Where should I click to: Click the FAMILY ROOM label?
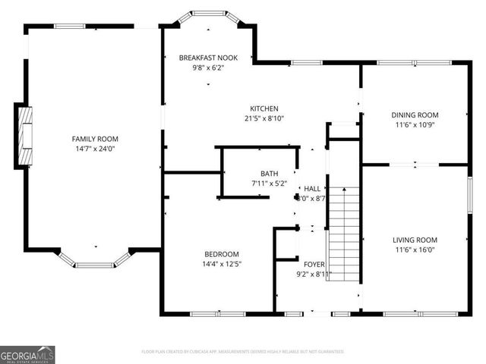coord(95,139)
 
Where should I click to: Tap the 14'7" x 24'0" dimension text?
coord(95,149)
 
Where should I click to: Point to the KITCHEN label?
coord(264,108)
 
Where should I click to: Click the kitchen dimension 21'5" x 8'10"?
coord(264,118)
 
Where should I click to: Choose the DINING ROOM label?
coord(415,115)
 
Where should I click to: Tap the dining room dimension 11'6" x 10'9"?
coord(415,125)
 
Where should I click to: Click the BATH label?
coord(269,173)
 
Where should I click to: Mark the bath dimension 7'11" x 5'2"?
coord(269,183)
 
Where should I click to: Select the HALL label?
coord(312,188)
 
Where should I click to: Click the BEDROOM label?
coord(222,254)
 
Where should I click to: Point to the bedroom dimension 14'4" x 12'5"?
coord(222,264)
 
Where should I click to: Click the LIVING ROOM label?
coord(415,240)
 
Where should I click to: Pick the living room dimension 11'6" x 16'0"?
coord(415,249)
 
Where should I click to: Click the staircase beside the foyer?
coord(343,235)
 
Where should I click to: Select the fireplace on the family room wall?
coord(26,136)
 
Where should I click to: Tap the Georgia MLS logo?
coord(27,354)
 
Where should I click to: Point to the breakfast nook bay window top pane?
coord(208,14)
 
